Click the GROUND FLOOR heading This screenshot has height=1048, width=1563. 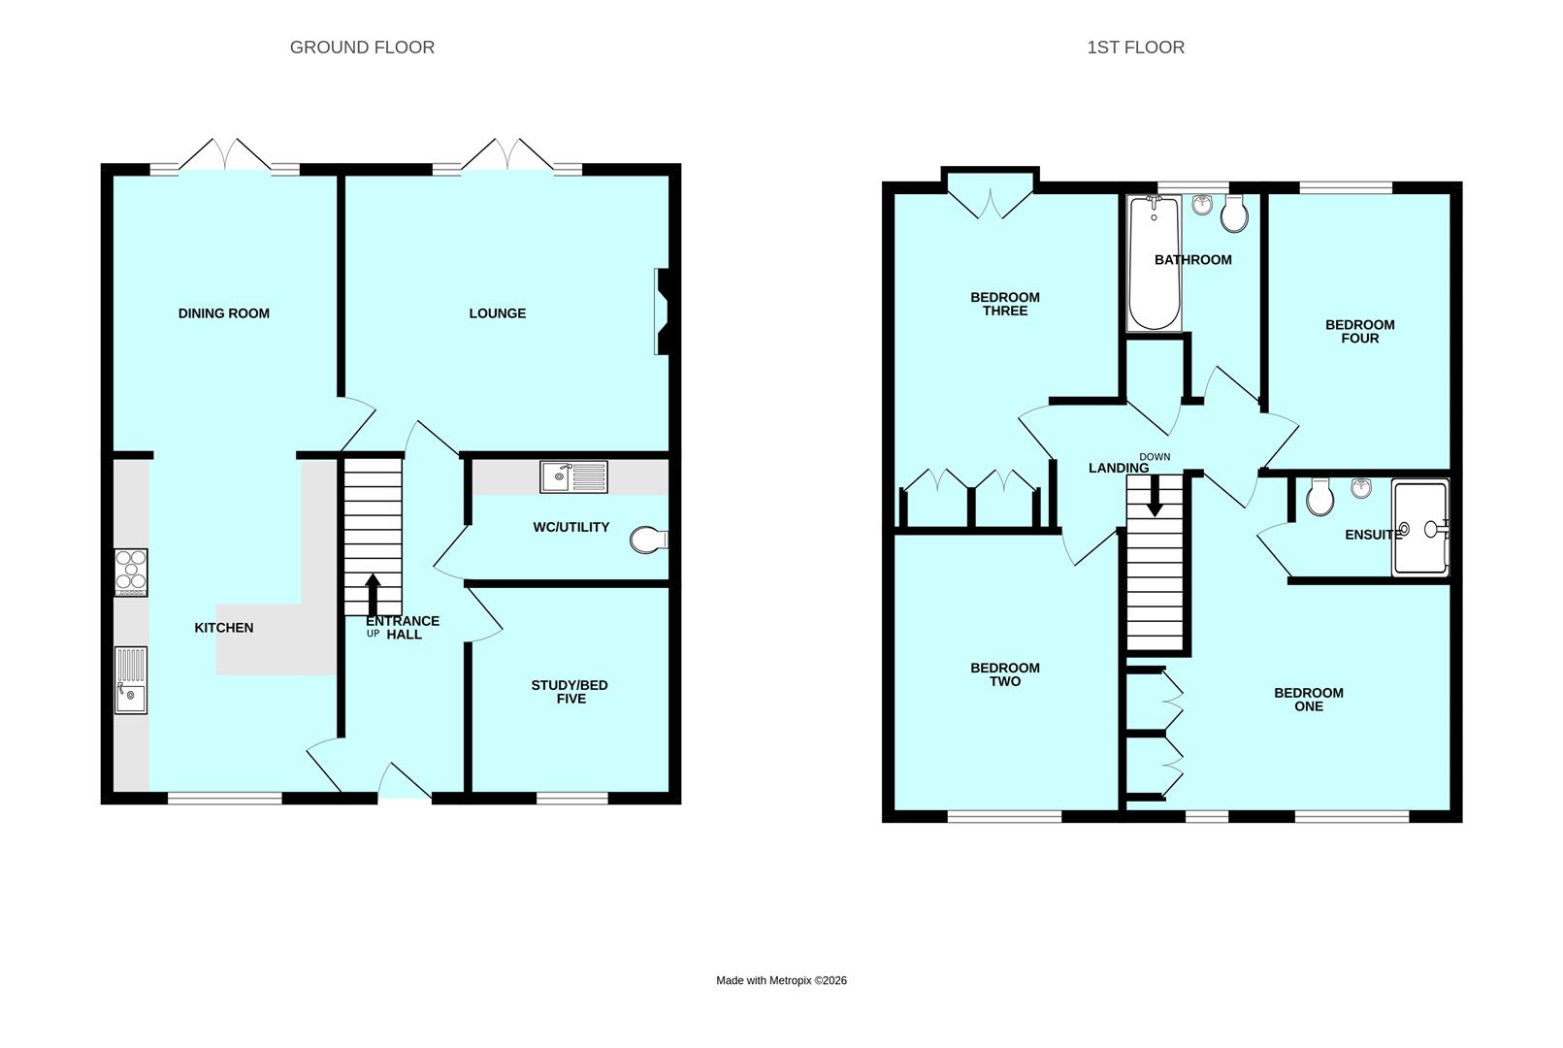(362, 48)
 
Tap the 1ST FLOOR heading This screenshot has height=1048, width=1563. (1135, 48)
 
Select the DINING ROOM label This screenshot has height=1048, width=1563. (224, 313)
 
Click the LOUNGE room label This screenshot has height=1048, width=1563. (498, 313)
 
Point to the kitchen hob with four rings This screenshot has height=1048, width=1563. (131, 573)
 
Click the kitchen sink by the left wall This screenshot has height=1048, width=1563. (131, 680)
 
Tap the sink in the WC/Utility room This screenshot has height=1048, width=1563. (573, 476)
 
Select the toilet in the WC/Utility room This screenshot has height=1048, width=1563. (649, 540)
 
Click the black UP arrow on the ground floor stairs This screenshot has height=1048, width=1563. (374, 595)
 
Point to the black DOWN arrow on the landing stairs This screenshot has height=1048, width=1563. (1155, 496)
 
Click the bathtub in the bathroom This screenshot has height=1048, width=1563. (1155, 263)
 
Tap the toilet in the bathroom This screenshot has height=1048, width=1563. (1234, 213)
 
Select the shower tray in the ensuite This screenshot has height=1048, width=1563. (1420, 528)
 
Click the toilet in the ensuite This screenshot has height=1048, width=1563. (1320, 497)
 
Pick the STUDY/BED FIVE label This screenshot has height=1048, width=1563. (570, 692)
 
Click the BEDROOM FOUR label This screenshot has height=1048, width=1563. (1360, 332)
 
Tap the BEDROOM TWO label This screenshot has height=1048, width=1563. (1005, 674)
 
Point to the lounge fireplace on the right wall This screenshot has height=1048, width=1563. (662, 311)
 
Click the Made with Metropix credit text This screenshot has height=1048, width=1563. (782, 980)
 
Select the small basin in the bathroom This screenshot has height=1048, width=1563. (1202, 205)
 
